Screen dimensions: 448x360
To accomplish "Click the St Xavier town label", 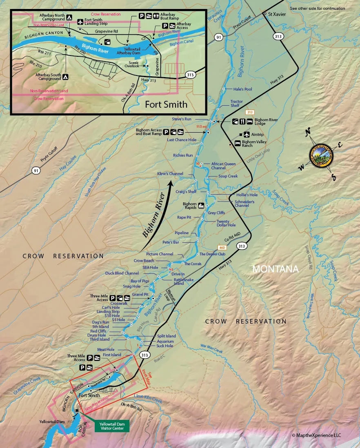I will (x=276, y=14).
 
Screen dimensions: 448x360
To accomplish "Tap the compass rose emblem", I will (x=321, y=155).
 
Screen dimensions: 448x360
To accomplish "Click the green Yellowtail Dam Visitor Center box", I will (x=112, y=426).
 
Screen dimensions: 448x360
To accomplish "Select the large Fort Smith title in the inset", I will (x=166, y=104).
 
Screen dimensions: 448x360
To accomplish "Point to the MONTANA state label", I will (x=276, y=269).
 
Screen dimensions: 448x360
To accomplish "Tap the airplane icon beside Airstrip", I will (x=246, y=134).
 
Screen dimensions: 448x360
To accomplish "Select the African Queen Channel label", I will (x=223, y=166).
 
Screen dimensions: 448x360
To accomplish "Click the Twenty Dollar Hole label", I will (x=227, y=223).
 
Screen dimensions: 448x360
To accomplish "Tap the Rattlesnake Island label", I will (x=183, y=282).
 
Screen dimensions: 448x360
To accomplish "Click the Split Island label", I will (x=166, y=336).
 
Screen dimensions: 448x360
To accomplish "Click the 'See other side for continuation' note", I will (x=317, y=8).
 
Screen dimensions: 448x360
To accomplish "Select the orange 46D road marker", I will (x=222, y=247).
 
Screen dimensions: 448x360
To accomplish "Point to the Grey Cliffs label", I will (x=216, y=213).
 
